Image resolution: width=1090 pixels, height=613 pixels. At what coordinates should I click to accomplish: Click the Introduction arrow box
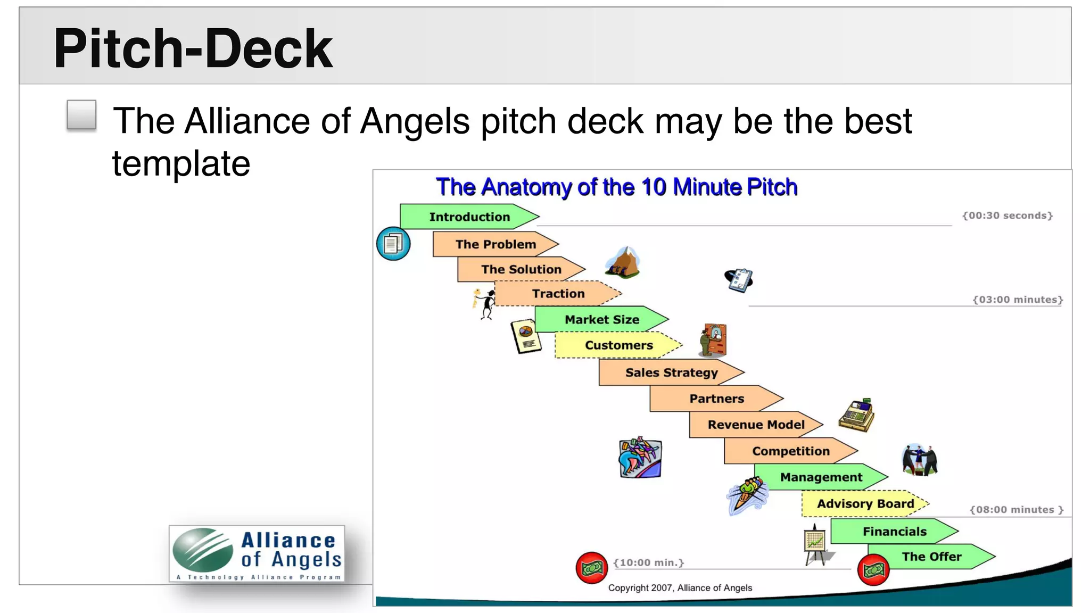(x=469, y=217)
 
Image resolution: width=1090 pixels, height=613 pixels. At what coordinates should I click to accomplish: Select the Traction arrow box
(x=557, y=294)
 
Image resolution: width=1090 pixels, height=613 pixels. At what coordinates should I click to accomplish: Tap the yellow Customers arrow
(x=618, y=345)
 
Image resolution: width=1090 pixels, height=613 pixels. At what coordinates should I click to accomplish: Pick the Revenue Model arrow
(x=755, y=425)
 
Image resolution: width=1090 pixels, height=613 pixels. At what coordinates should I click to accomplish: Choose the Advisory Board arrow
(x=865, y=504)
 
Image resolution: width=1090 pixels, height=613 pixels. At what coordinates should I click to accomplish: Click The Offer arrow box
(x=931, y=557)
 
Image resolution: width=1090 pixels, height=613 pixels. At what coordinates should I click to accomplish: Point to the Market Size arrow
(x=601, y=319)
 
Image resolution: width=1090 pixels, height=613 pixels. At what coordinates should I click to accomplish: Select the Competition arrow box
(x=790, y=451)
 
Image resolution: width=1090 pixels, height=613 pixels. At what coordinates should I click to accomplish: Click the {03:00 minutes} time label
(x=1018, y=300)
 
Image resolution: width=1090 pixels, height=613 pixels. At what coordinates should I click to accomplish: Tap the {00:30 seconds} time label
(x=1008, y=216)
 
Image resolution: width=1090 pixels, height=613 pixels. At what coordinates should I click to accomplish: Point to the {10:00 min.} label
(x=648, y=562)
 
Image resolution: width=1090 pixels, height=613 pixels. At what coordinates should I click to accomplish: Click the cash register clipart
(x=856, y=415)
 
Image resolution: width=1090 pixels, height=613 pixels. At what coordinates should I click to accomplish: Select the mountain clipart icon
(x=622, y=262)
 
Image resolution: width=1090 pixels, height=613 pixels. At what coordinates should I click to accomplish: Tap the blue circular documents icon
(x=393, y=244)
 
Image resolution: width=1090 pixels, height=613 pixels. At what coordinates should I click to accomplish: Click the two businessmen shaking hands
(x=920, y=460)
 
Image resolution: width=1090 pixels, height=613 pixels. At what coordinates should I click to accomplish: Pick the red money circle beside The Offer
(x=873, y=570)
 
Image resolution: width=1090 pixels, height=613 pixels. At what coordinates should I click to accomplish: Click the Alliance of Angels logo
(x=257, y=554)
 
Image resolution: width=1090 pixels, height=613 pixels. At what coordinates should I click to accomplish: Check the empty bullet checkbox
(x=82, y=115)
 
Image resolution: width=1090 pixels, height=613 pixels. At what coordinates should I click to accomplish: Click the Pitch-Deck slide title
(x=193, y=48)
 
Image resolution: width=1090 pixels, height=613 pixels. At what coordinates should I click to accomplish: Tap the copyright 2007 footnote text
(x=680, y=588)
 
